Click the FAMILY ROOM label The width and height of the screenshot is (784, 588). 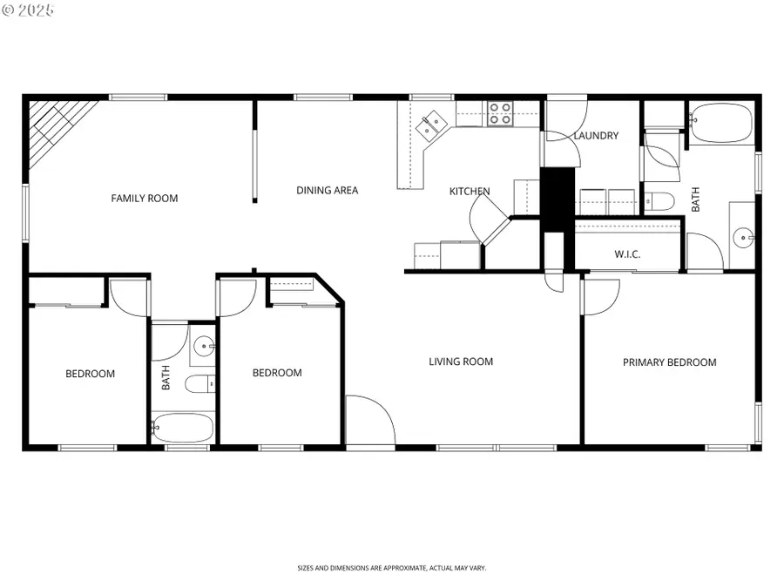coord(144,199)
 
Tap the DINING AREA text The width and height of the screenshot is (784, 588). coord(327,191)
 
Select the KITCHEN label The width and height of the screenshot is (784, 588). coord(469,192)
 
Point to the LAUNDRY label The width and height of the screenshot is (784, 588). coord(596,136)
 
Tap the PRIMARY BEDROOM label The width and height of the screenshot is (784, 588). coord(669,362)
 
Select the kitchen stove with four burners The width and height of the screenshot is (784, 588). coord(500,113)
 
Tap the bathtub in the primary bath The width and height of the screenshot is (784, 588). coord(720,123)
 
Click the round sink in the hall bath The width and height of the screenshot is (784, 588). coord(204,347)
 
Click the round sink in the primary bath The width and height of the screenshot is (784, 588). coord(741,236)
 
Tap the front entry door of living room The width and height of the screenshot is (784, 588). coord(369,422)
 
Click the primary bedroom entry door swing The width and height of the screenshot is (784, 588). coord(600,296)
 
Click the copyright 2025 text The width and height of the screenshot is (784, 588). coord(28,10)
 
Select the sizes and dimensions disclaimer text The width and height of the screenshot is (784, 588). coord(391,568)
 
